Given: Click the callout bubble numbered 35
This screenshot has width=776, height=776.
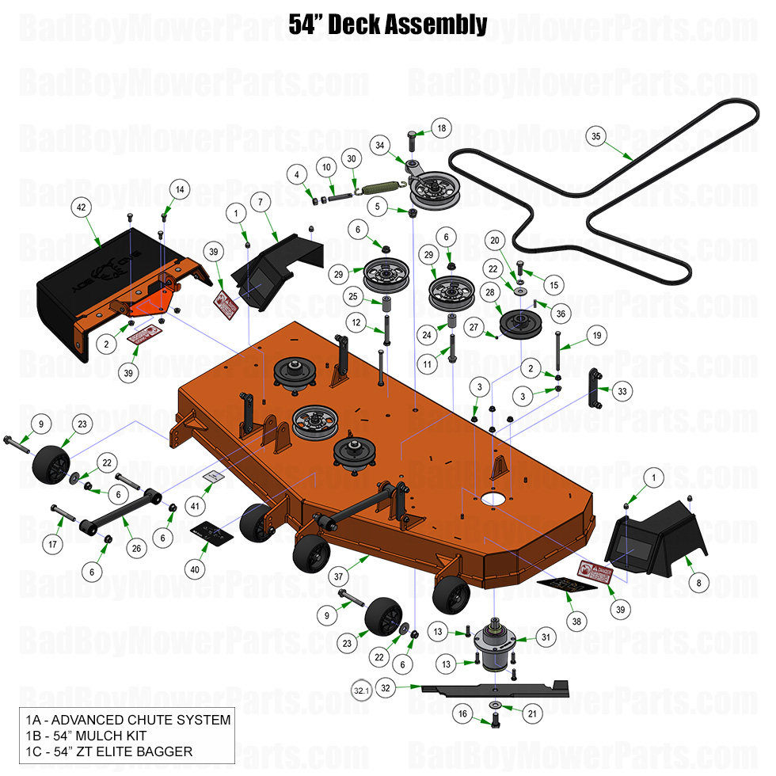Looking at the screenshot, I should (596, 135).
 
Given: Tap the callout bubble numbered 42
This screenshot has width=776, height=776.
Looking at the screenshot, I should (81, 207).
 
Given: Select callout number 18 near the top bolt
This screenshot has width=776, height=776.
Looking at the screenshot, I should (441, 128).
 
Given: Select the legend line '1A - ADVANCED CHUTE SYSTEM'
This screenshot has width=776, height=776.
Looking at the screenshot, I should (125, 720).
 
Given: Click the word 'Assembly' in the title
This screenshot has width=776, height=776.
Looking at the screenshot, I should (436, 25).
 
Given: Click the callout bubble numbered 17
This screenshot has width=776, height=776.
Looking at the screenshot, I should (54, 545).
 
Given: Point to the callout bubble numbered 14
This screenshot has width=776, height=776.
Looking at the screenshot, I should (181, 189).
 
